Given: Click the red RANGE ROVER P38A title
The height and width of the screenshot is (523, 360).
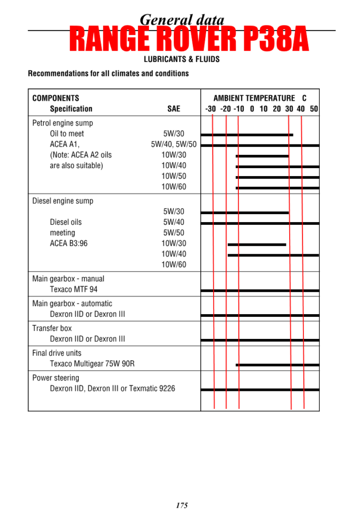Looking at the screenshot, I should tap(188, 40).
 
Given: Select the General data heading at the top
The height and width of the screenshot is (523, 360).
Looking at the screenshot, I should tap(182, 20).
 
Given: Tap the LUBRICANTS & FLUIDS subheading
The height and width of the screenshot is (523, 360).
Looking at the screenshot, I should tap(182, 59).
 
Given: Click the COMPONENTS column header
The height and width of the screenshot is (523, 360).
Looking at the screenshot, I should tap(56, 98).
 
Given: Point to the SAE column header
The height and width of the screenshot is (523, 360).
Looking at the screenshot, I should tap(173, 109).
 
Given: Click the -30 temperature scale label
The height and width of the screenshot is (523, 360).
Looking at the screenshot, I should tap(210, 109).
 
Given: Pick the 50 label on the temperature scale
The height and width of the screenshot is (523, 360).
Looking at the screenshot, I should tap(314, 109).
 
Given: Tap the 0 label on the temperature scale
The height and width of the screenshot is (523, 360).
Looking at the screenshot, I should tap(252, 109).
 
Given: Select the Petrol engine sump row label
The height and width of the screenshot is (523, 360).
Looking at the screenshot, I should tap(62, 123).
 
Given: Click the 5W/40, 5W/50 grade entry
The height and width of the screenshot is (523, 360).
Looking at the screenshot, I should tap(173, 144).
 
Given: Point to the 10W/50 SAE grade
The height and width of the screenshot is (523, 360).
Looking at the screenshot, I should tap(173, 176).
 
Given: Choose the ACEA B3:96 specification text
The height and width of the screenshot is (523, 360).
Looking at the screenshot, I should tap(69, 243).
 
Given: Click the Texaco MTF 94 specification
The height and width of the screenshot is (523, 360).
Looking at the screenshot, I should tap(73, 289).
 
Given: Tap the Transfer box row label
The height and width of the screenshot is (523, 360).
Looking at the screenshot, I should tap(52, 328).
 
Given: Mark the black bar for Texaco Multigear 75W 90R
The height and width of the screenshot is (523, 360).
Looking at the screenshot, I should tap(278, 365).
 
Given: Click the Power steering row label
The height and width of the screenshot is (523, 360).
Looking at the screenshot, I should tap(56, 378).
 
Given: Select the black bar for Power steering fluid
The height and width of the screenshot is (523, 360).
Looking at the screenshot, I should tap(260, 390).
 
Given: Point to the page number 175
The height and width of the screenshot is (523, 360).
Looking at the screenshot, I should tap(182, 506).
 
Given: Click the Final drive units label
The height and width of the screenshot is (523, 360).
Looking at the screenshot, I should tap(57, 353).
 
